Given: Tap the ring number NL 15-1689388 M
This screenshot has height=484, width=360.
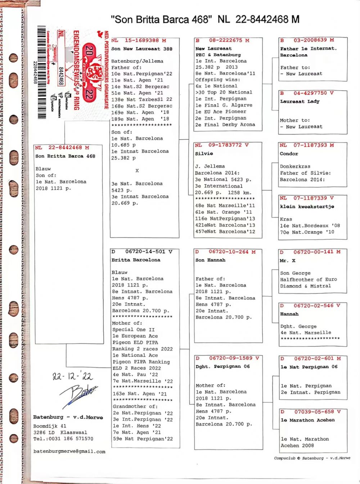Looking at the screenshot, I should pyautogui.click(x=139, y=40).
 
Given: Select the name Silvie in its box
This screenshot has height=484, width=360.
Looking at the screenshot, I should pyautogui.click(x=204, y=153).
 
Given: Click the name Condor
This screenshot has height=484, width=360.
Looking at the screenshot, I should pyautogui.click(x=289, y=153).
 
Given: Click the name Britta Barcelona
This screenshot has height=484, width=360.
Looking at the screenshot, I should pyautogui.click(x=136, y=260).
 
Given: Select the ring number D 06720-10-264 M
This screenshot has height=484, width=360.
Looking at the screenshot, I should pyautogui.click(x=225, y=252).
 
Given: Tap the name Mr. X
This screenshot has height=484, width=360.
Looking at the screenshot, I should pyautogui.click(x=288, y=260).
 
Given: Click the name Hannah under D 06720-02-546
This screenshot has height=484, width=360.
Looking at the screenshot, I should pyautogui.click(x=289, y=314).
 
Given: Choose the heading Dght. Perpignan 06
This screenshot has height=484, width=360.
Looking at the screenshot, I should pyautogui.click(x=222, y=367).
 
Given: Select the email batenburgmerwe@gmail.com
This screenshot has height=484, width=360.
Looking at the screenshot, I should pyautogui.click(x=69, y=451).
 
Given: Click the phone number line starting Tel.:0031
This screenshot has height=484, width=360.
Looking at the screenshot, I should pyautogui.click(x=63, y=439).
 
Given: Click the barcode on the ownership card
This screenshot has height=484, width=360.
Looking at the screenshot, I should pyautogui.click(x=42, y=72).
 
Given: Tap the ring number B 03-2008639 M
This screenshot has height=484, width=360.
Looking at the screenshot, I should pyautogui.click(x=307, y=40).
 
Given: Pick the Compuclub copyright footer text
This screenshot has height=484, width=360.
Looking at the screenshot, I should pyautogui.click(x=312, y=458).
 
